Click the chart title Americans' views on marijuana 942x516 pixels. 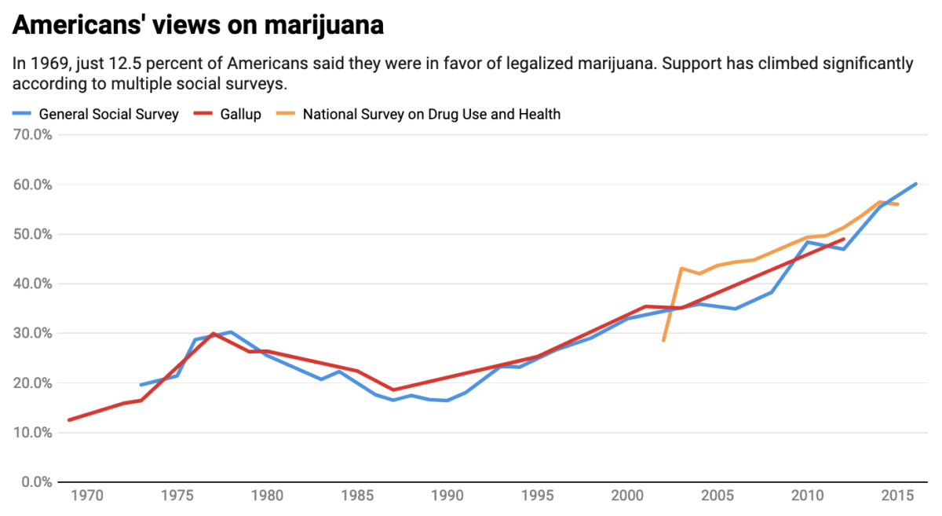tap(198, 26)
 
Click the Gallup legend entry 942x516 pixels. tap(239, 115)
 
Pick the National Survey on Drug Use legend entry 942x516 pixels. tap(432, 115)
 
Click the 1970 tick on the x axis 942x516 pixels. tap(87, 496)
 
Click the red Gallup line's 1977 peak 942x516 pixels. tap(214, 333)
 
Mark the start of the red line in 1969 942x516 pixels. tap(69, 420)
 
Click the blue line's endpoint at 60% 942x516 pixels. tap(916, 184)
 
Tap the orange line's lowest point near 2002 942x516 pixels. tap(663, 341)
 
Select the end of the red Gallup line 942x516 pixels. tap(844, 239)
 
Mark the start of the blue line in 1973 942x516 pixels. tap(141, 385)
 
